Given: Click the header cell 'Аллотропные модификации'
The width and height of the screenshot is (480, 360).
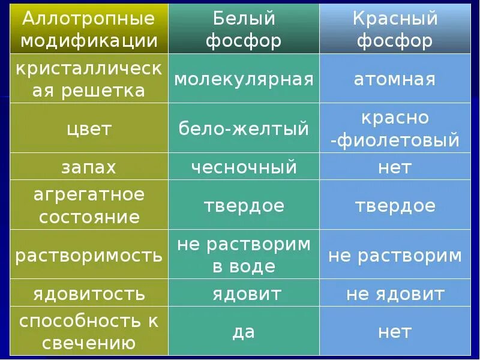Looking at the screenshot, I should tap(89, 29).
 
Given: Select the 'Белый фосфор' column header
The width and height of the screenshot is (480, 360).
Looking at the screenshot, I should tap(244, 29).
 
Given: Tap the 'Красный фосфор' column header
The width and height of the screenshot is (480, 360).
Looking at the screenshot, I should tap(395, 29).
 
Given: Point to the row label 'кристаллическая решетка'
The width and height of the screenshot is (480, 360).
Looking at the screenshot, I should tap(89, 79).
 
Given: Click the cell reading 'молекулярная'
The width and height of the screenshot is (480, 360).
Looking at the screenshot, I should tap(244, 79).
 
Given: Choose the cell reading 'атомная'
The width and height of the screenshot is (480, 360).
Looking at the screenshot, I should tap(395, 79).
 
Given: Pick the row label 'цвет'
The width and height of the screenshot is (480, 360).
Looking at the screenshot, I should tap(89, 128).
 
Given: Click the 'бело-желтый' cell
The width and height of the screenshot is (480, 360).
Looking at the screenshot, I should tap(244, 128).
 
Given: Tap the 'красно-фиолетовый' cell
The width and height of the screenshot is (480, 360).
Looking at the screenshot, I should tap(395, 128).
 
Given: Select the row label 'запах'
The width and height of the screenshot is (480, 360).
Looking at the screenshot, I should tap(89, 167).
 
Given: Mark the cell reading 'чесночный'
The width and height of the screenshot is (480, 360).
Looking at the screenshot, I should tap(244, 167).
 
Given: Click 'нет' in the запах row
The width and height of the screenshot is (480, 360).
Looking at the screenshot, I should tap(395, 167).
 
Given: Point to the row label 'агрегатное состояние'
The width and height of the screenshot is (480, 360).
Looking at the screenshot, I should tap(89, 206).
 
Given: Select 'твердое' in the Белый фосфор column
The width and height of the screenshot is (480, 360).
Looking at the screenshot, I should tap(244, 206).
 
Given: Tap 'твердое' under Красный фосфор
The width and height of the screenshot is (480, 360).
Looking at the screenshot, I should tap(395, 206).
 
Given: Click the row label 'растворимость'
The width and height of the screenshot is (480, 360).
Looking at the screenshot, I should tap(89, 256).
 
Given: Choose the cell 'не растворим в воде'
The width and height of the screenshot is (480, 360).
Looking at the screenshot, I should tap(244, 256).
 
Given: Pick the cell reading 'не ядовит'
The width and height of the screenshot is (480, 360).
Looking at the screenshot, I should tap(395, 294).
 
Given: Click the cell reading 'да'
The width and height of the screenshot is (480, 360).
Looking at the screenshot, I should tap(244, 331).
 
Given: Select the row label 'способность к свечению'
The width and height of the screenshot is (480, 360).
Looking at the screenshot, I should tap(89, 331).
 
